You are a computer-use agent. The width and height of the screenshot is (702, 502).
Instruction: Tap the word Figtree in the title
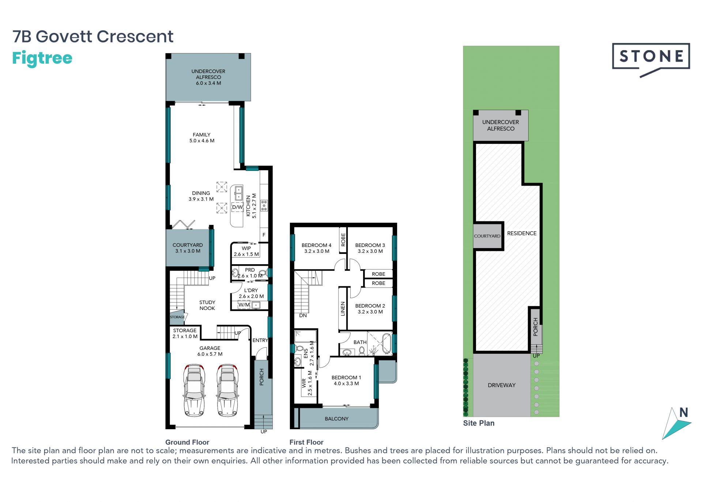(x=42, y=59)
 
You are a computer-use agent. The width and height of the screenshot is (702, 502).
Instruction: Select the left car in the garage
(x=195, y=390)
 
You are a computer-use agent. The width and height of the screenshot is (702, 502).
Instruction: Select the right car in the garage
(x=227, y=390)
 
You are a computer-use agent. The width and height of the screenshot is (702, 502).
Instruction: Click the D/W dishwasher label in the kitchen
(x=237, y=207)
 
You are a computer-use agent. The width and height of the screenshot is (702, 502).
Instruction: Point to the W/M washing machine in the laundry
(x=244, y=305)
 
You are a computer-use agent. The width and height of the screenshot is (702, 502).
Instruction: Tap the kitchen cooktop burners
(x=264, y=205)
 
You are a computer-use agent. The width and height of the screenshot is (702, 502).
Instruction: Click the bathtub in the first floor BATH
(x=386, y=343)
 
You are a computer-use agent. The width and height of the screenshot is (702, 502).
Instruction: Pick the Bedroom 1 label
(x=346, y=381)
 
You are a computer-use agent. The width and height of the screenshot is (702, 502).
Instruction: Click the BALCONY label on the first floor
(x=336, y=419)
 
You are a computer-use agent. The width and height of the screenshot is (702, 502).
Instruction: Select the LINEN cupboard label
(x=343, y=308)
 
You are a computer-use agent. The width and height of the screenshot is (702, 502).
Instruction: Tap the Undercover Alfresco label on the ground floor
(x=208, y=77)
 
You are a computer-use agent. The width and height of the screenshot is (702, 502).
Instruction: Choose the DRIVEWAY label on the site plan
(x=502, y=385)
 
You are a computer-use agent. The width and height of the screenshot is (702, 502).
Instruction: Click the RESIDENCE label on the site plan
(x=522, y=233)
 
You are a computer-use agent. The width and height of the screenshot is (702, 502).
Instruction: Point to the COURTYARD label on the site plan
(x=487, y=236)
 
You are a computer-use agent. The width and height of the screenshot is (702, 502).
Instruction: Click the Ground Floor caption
(x=187, y=442)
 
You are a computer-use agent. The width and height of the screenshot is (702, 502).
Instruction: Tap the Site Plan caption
(x=479, y=423)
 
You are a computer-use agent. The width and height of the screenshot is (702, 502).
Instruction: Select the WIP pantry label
(x=246, y=251)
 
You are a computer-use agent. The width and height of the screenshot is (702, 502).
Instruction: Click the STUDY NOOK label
(x=207, y=305)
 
